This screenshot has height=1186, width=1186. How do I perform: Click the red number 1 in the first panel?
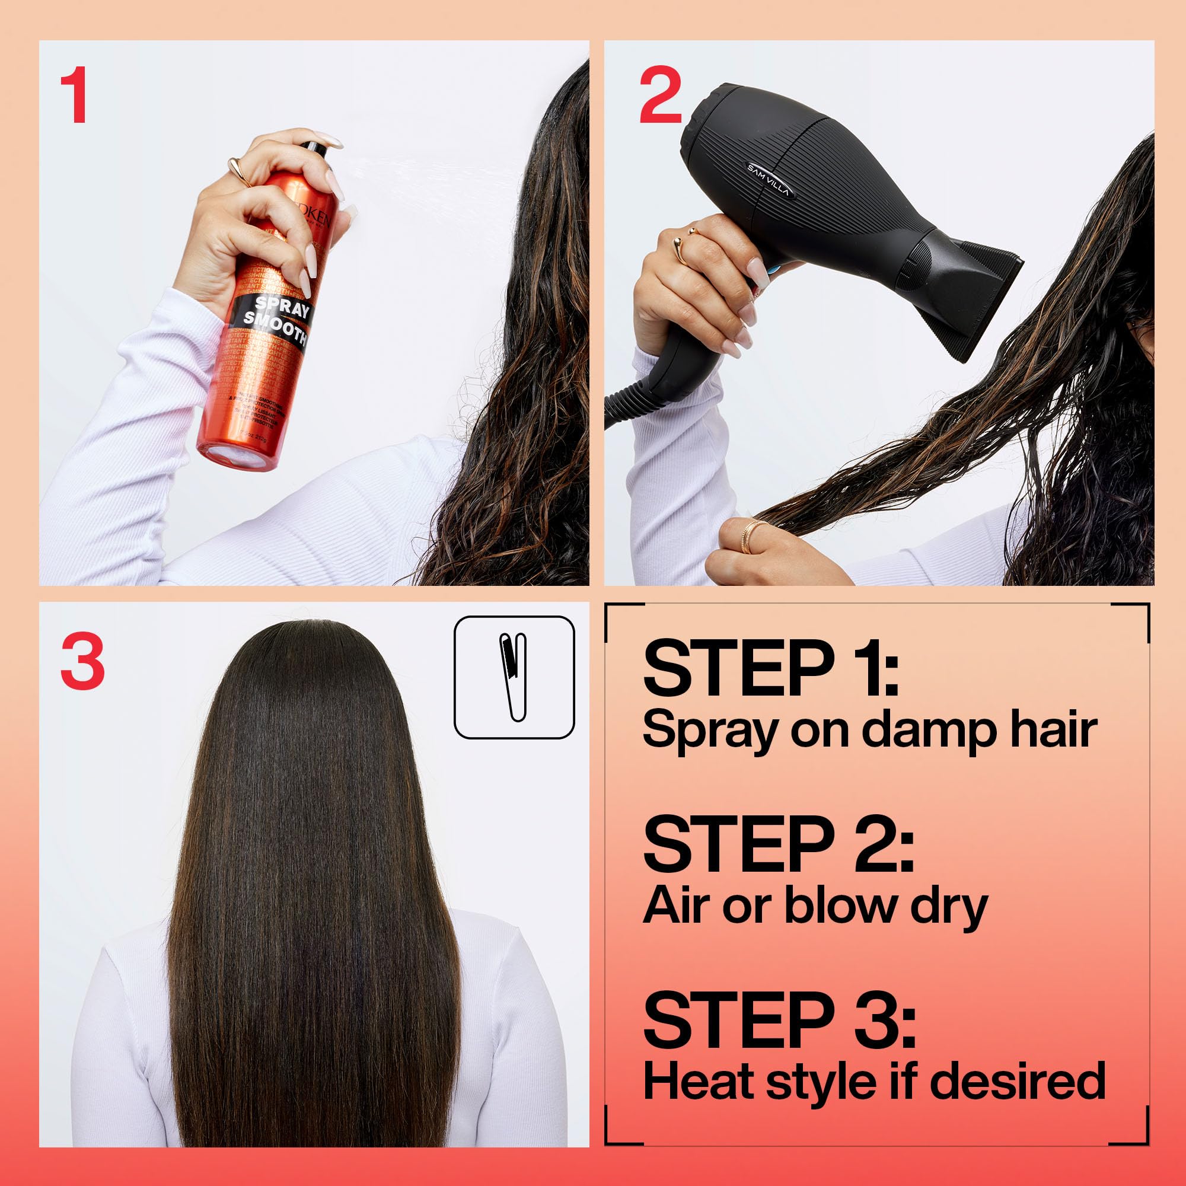coord(75,97)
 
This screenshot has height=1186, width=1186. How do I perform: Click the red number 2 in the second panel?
coord(660,97)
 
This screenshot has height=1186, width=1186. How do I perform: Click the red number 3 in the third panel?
coord(83,662)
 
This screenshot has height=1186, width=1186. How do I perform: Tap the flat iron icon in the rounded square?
coord(514,676)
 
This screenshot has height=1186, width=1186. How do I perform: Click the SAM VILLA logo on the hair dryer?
coord(770,180)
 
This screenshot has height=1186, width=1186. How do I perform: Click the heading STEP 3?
coord(779,1020)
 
